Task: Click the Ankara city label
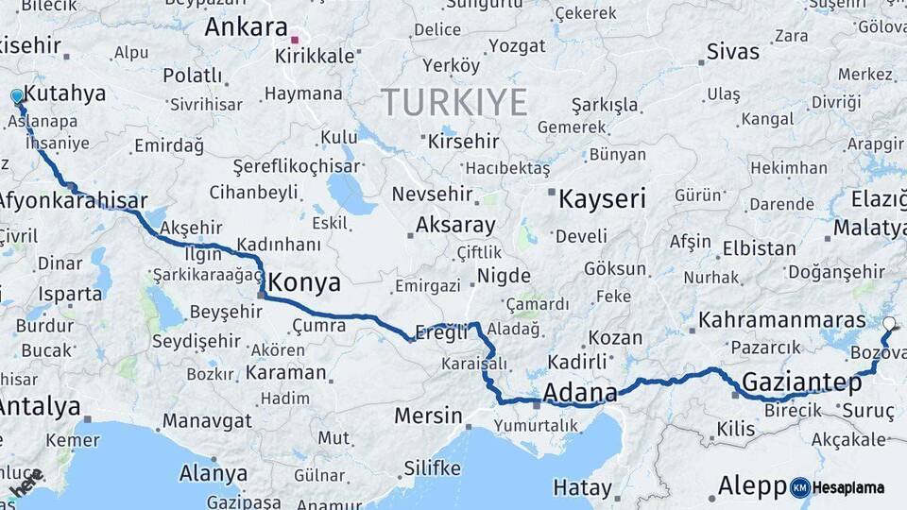pyautogui.click(x=246, y=25)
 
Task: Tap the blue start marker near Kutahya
pyautogui.click(x=17, y=96)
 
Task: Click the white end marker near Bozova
pyautogui.click(x=889, y=324)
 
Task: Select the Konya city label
pyautogui.click(x=304, y=282)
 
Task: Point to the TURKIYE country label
pyautogui.click(x=453, y=101)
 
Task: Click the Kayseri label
pyautogui.click(x=602, y=198)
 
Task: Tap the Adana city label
pyautogui.click(x=580, y=392)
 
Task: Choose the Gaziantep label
pyautogui.click(x=801, y=382)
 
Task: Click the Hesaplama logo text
pyautogui.click(x=848, y=487)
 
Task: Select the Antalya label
pyautogui.click(x=40, y=407)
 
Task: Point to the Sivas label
pyautogui.click(x=733, y=50)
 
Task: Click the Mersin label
pyautogui.click(x=428, y=416)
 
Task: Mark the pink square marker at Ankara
pyautogui.click(x=295, y=41)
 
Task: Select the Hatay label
pyautogui.click(x=582, y=488)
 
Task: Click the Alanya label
pyautogui.click(x=214, y=473)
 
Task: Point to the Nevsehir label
pyautogui.click(x=431, y=194)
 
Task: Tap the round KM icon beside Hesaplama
pyautogui.click(x=800, y=487)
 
